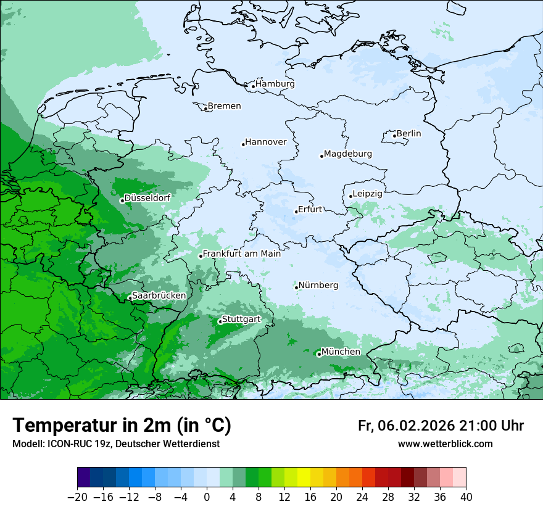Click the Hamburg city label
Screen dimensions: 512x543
coord(275,84)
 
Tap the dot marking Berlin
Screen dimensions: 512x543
coord(394,136)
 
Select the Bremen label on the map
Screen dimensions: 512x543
coord(224,106)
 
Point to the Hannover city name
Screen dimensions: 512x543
coord(266,142)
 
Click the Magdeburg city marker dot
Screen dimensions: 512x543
coord(321,156)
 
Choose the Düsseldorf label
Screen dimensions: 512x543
coord(147,199)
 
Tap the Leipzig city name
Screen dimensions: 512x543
coord(367,194)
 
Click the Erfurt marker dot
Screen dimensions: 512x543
coord(296,212)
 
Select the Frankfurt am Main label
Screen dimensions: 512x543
coord(242,254)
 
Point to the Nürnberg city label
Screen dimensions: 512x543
coord(318,285)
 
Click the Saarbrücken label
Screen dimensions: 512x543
coord(159,295)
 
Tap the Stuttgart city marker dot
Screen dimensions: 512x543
coord(220,321)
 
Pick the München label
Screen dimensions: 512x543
coord(341,352)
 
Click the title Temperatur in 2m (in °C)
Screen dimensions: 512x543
coord(122,426)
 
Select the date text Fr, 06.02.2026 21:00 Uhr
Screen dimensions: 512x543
coord(441,426)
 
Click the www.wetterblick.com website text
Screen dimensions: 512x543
coord(445,444)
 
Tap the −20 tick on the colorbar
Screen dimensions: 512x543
coord(77,497)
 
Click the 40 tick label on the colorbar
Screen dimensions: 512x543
coord(466,497)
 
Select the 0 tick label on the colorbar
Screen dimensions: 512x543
coord(207,497)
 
